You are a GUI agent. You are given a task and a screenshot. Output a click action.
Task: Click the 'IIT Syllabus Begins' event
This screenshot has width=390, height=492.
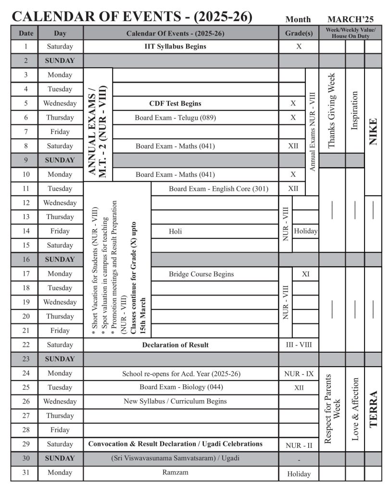click(x=175, y=47)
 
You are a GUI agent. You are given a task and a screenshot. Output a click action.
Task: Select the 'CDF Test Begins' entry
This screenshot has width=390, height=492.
click(x=175, y=103)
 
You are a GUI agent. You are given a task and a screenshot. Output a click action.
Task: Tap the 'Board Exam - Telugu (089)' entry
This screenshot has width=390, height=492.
click(x=175, y=117)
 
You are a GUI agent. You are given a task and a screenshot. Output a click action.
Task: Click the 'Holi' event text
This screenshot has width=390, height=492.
click(x=176, y=231)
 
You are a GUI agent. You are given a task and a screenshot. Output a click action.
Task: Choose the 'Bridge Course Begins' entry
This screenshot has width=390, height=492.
click(x=201, y=274)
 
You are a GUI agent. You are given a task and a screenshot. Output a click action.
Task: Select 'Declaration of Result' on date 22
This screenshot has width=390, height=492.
click(x=175, y=345)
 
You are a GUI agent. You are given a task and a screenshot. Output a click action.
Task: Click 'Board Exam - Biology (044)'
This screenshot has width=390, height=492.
click(x=181, y=387)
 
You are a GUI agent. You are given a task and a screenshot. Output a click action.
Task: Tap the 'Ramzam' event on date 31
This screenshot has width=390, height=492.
click(x=175, y=472)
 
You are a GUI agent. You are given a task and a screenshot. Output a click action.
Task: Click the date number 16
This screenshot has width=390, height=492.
click(x=25, y=259)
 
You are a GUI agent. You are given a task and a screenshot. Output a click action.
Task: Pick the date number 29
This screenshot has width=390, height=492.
click(x=25, y=444)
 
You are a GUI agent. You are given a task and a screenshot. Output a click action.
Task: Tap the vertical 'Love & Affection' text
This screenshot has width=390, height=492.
click(x=355, y=408)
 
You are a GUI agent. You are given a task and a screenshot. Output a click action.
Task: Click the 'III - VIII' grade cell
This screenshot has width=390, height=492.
click(x=299, y=345)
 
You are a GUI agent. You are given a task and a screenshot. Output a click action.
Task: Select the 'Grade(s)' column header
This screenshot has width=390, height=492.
click(x=299, y=34)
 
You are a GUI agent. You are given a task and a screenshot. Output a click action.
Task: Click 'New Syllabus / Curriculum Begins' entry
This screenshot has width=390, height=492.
click(x=175, y=401)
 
